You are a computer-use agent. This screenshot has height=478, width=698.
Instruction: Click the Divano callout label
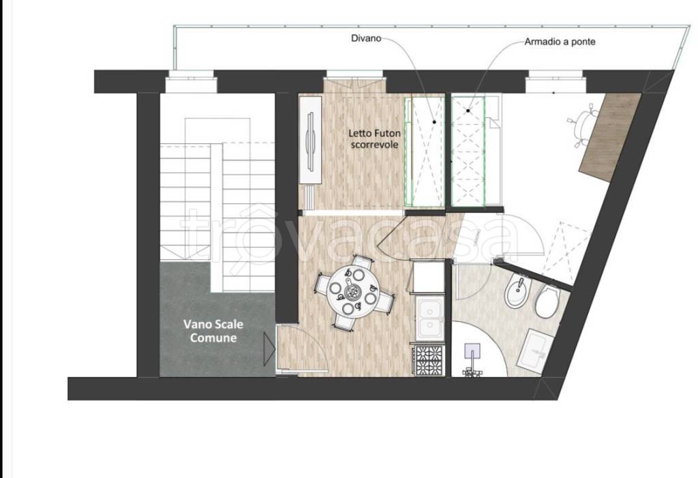(366, 38)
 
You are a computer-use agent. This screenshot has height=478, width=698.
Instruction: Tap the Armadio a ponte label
(560, 42)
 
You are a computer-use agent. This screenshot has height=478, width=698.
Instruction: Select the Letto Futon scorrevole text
(374, 138)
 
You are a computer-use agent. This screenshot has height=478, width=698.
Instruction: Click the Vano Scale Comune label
(213, 331)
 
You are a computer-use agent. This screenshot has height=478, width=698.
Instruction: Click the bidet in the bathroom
(517, 292)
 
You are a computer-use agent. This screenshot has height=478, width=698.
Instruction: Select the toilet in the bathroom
(547, 301)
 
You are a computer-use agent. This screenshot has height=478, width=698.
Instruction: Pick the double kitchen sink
(429, 318)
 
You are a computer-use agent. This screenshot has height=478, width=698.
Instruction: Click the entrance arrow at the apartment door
(269, 349)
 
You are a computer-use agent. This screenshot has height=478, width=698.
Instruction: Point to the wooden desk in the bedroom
(609, 137)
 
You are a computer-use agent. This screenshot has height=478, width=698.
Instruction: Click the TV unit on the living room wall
(310, 140)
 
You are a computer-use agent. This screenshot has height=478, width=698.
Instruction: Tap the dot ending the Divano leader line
(434, 121)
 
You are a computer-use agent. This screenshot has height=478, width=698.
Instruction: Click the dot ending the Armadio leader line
(468, 110)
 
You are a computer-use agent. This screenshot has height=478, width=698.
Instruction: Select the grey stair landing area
(217, 320)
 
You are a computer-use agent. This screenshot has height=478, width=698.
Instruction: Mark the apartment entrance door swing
(303, 348)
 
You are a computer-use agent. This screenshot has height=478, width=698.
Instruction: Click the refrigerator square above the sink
(429, 277)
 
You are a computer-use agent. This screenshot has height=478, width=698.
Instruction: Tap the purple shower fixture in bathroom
(472, 359)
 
